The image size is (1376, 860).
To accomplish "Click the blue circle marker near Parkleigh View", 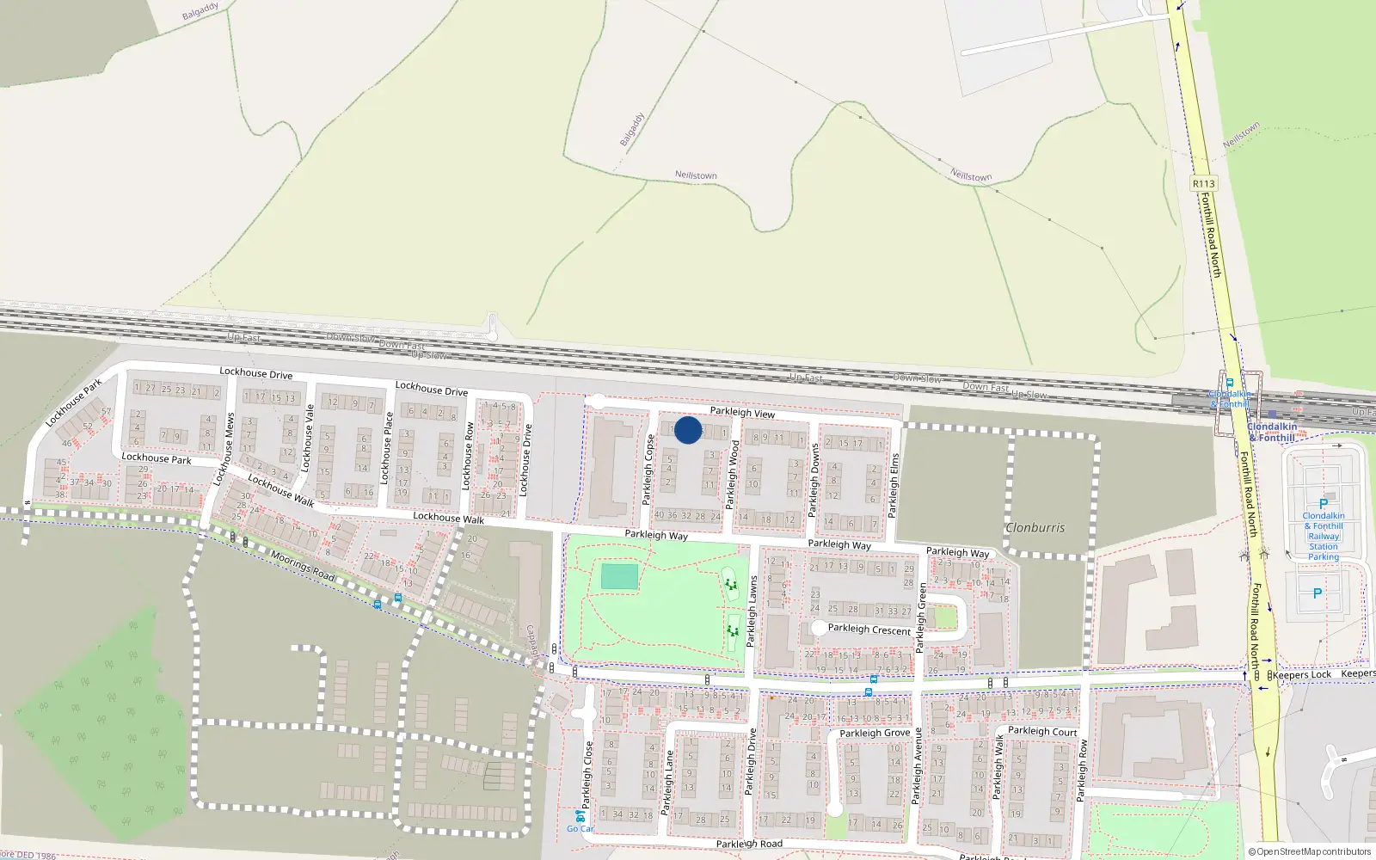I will pyautogui.click(x=688, y=430).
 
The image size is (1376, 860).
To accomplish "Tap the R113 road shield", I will pyautogui.click(x=1204, y=183).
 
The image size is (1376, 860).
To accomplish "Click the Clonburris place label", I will pyautogui.click(x=1035, y=527).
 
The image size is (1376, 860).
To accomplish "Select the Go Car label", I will pyautogui.click(x=580, y=829).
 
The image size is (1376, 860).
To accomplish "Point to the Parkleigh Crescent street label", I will pyautogui.click(x=869, y=630).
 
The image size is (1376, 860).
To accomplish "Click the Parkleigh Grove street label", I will pyautogui.click(x=875, y=733).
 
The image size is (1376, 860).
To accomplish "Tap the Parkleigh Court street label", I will pyautogui.click(x=1042, y=731).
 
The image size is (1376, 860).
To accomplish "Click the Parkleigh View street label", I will pyautogui.click(x=742, y=413).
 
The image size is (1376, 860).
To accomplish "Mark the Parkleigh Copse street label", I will pyautogui.click(x=649, y=470).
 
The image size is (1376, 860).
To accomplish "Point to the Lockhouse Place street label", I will pyautogui.click(x=387, y=447).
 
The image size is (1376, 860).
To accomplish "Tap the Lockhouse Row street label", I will pyautogui.click(x=469, y=456).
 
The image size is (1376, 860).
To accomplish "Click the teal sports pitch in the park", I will pyautogui.click(x=619, y=576).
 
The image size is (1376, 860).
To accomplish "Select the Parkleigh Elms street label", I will pyautogui.click(x=894, y=485).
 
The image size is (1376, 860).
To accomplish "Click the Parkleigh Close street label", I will pyautogui.click(x=589, y=774).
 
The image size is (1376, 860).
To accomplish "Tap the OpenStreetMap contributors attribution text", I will pyautogui.click(x=1311, y=851).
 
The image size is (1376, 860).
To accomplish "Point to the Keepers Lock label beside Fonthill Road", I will pyautogui.click(x=1302, y=674).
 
